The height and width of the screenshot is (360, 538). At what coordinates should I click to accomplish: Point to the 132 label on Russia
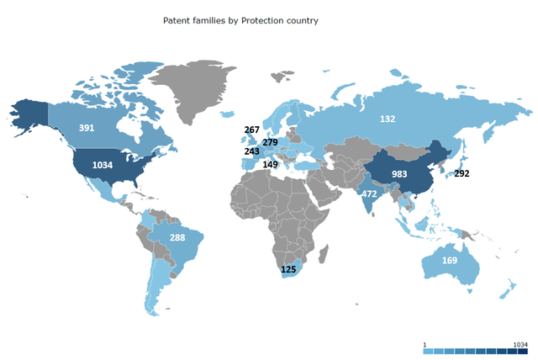[x=387, y=119]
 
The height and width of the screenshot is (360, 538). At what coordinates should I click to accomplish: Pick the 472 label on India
[x=368, y=194]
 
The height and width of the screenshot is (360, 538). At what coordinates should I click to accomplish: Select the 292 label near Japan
[x=462, y=174]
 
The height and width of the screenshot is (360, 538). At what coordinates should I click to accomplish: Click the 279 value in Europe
[x=270, y=142]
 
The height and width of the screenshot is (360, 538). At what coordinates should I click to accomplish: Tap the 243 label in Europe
[x=252, y=152]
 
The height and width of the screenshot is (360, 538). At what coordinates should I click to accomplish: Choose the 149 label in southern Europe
[x=270, y=165]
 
